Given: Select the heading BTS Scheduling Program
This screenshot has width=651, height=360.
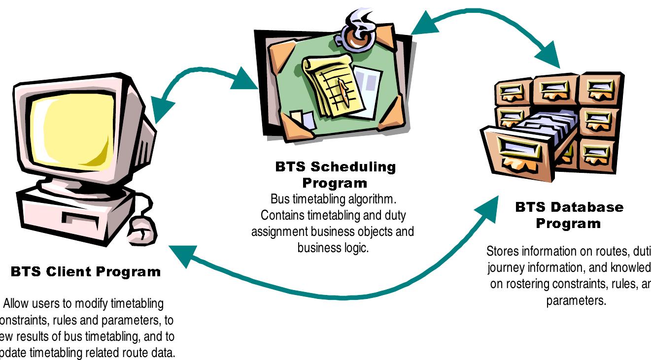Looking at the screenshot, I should click(x=335, y=174).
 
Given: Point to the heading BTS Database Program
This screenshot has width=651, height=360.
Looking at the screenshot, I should click(x=569, y=215).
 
